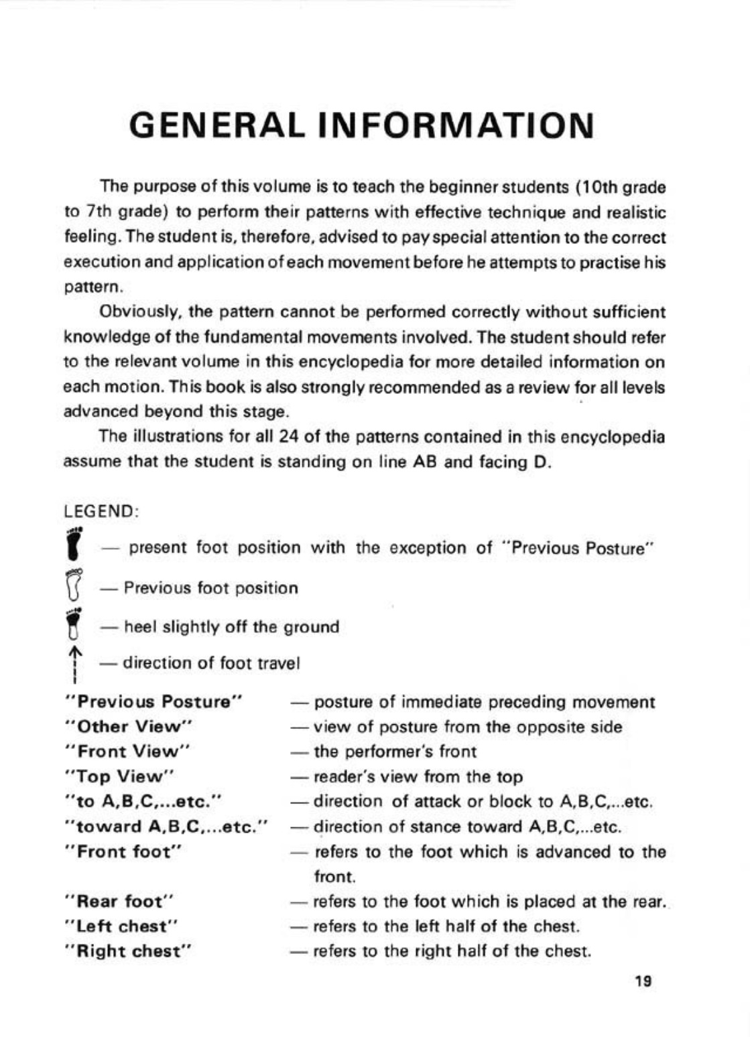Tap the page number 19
(643, 981)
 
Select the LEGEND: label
(101, 510)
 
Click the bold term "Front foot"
(123, 852)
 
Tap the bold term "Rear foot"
(119, 902)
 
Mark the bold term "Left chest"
(121, 926)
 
